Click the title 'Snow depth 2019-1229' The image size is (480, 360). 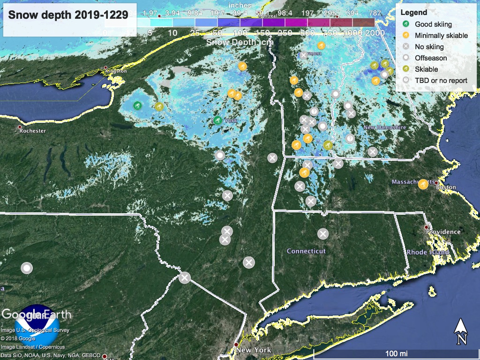pos(68,15)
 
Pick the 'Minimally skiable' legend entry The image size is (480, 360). pos(441,35)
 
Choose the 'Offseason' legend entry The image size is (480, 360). pos(431,58)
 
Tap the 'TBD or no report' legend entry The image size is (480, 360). pos(441,80)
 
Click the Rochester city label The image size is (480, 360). pos(34,131)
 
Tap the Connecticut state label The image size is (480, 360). pos(306,251)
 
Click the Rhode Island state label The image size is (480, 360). pos(427,252)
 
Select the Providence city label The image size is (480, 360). pos(443,232)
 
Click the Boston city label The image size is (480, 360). pos(446,187)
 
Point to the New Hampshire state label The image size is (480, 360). pos(384,127)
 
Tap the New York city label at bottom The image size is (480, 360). pos(254,350)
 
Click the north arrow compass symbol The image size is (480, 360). pos(461,331)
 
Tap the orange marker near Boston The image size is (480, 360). pos(423,184)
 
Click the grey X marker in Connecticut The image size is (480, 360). pos(322,233)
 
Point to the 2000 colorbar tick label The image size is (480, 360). pos(375,33)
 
